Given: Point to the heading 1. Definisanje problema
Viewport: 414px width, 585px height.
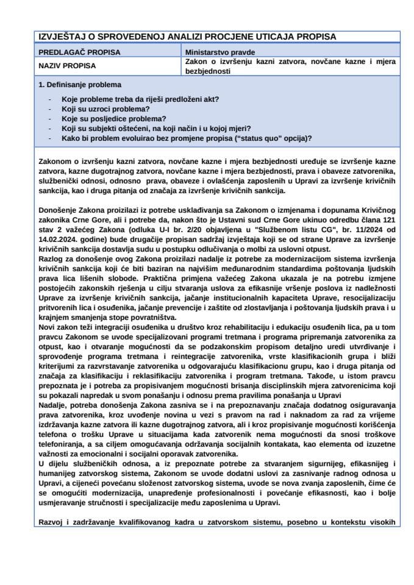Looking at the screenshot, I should [79, 85].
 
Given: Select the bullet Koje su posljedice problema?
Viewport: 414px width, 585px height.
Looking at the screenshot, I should [105, 118].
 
